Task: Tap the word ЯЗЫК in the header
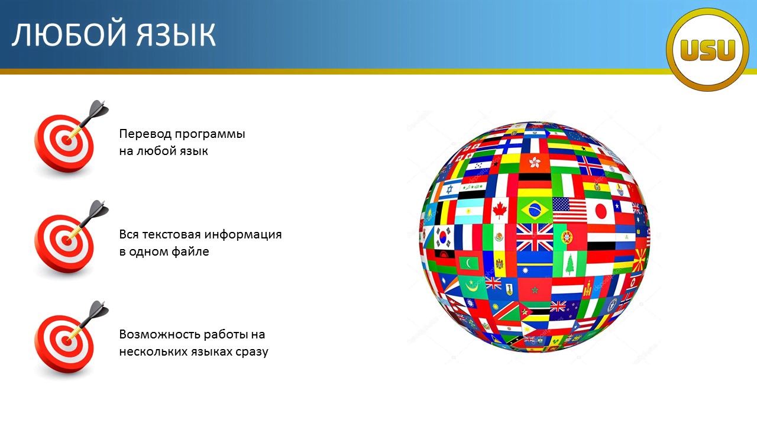pyautogui.click(x=176, y=35)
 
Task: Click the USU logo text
pyautogui.click(x=708, y=50)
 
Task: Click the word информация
pyautogui.click(x=243, y=235)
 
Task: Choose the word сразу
pyautogui.click(x=252, y=352)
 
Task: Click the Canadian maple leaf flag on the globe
pyautogui.click(x=500, y=210)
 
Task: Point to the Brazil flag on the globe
pyautogui.click(x=535, y=210)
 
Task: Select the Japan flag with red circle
pyautogui.click(x=600, y=211)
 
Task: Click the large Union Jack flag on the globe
pyautogui.click(x=535, y=237)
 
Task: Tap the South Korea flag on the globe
pyautogui.click(x=443, y=237)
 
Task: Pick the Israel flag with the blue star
pyautogui.click(x=448, y=190)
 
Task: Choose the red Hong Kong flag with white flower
pyautogui.click(x=535, y=163)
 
